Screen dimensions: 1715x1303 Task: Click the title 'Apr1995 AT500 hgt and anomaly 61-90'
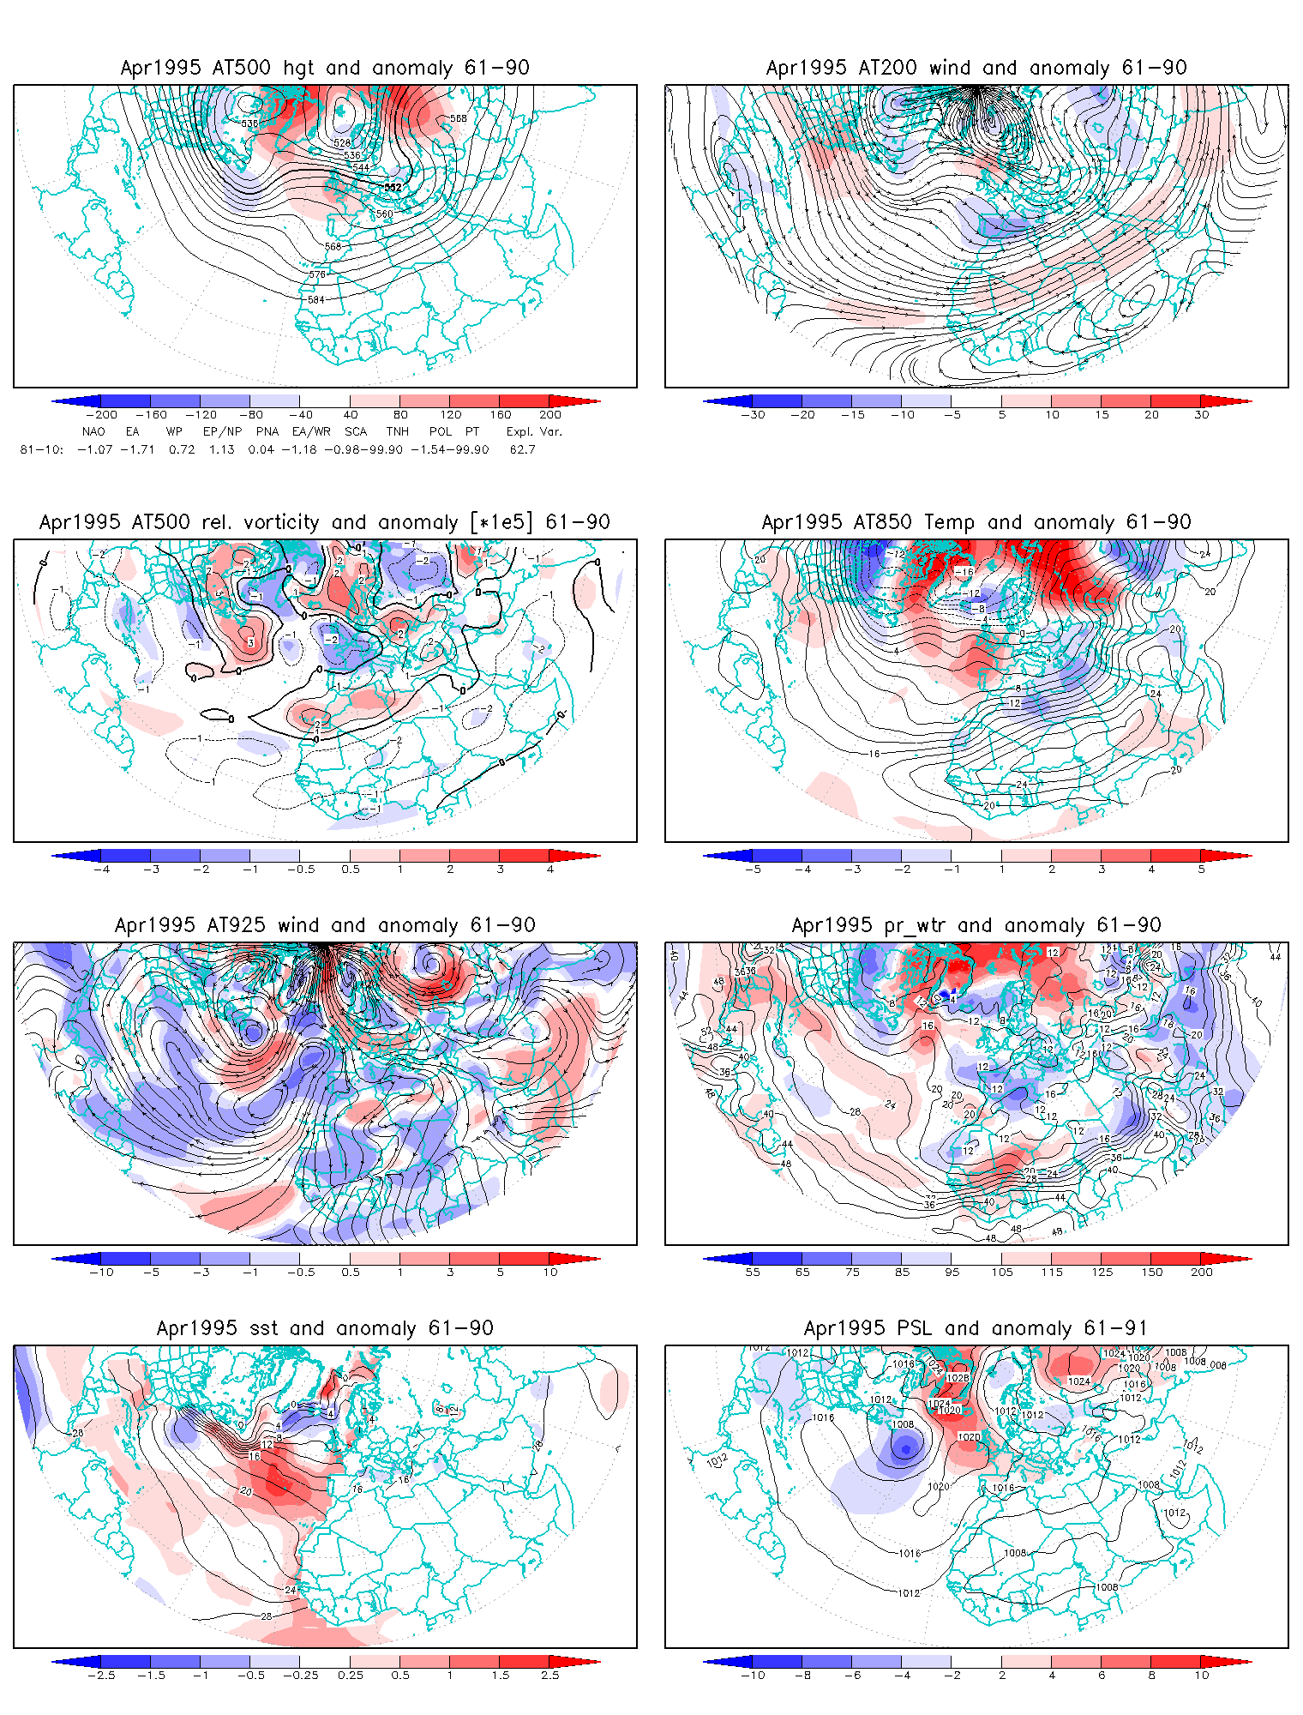[325, 68]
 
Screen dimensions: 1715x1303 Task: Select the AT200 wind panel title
[976, 68]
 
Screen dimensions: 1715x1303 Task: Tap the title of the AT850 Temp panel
[976, 522]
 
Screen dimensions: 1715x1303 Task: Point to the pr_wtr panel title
[976, 925]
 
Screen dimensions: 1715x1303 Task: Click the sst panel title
[325, 1328]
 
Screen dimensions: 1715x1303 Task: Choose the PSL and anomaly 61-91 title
[976, 1328]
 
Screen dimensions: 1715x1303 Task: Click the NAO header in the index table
[93, 432]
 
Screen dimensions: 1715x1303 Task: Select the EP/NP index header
[222, 432]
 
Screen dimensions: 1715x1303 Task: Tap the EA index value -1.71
[137, 449]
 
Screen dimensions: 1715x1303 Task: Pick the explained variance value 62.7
[522, 449]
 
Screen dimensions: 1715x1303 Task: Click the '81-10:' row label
[41, 449]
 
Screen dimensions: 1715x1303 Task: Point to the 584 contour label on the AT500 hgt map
[316, 300]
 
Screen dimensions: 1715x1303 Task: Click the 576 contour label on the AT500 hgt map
[317, 275]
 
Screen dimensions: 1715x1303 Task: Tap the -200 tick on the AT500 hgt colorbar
[101, 415]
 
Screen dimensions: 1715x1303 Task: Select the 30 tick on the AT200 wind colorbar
[1202, 415]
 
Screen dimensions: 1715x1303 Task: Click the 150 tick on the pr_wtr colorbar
[1152, 1273]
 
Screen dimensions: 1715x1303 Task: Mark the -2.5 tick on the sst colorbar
[101, 1676]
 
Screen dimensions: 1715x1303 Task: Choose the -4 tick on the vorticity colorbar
[101, 870]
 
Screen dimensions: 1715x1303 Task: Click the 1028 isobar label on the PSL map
[958, 1378]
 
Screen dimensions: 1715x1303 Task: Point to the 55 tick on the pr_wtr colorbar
[753, 1273]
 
